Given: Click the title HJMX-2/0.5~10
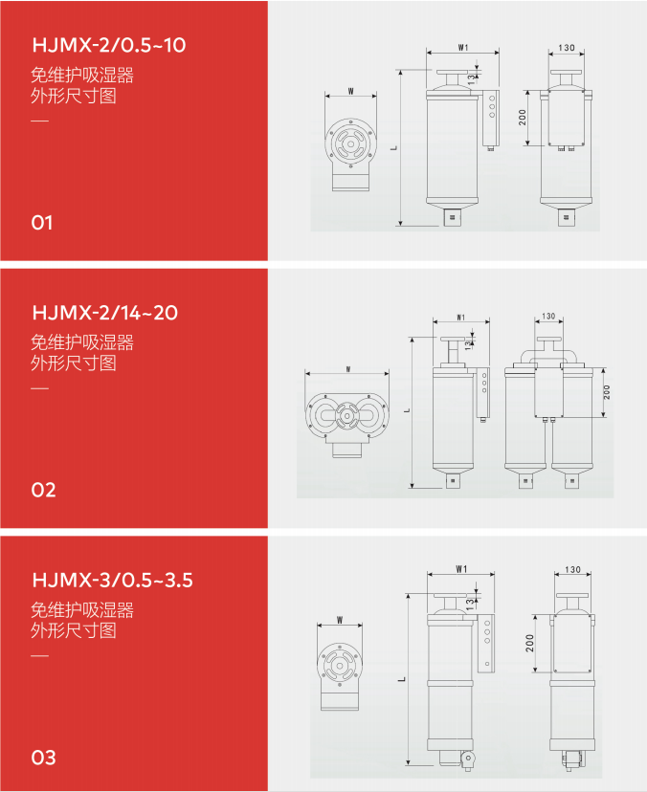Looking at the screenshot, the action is [x=109, y=46].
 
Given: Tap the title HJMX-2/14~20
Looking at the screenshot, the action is [x=105, y=313].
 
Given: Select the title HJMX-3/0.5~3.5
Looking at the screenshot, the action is [x=112, y=580].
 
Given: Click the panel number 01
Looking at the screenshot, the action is [x=42, y=223].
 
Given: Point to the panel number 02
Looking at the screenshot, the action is [x=43, y=490].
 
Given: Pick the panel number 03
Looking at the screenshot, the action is [x=43, y=758].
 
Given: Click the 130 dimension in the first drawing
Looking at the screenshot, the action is [x=567, y=48].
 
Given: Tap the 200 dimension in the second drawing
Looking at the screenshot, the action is [x=607, y=392].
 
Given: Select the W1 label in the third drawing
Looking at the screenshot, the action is [x=461, y=569].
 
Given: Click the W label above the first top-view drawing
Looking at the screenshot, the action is [x=351, y=92].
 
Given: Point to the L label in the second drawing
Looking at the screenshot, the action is [x=407, y=410].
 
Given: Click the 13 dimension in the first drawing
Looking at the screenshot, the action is [x=471, y=79].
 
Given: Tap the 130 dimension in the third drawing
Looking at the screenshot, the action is [x=572, y=570].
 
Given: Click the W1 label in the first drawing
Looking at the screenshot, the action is [x=463, y=48].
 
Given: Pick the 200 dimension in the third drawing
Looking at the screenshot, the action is [x=529, y=643].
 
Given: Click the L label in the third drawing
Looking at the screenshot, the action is [x=402, y=679].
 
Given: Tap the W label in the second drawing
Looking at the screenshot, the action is [x=348, y=369].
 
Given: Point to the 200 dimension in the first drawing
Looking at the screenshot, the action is [x=523, y=118].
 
